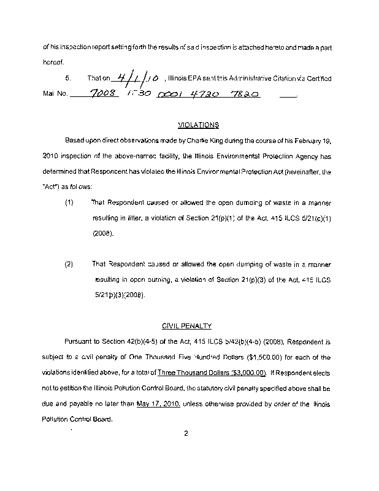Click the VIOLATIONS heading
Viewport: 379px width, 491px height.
[198, 125]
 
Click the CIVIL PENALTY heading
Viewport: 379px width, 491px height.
[186, 327]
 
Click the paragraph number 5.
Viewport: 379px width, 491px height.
[69, 79]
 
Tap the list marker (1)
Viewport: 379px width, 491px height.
[69, 202]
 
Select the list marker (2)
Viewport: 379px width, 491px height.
[69, 265]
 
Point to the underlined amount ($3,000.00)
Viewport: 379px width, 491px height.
[240, 373]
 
